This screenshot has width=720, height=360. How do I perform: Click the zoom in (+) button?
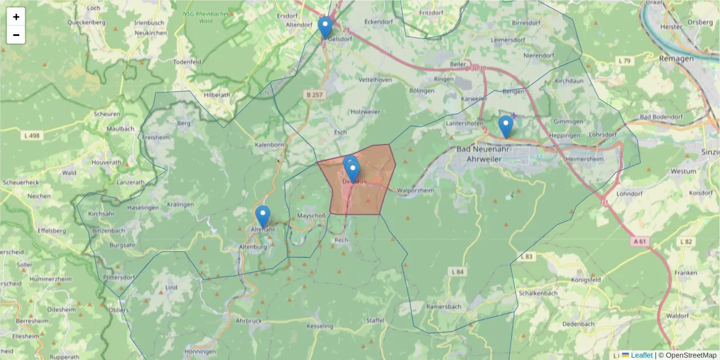tap(16, 17)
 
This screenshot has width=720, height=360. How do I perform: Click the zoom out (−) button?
tap(16, 35)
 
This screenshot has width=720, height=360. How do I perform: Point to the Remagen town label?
tap(676, 59)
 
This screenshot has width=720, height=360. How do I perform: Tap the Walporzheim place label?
tap(415, 190)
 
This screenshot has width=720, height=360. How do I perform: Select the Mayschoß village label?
tap(312, 216)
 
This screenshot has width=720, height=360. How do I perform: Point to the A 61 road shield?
tap(640, 241)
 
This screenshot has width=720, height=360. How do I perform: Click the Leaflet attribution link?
tap(641, 355)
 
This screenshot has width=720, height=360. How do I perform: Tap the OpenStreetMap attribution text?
tap(687, 355)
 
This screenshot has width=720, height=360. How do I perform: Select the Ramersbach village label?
tap(443, 307)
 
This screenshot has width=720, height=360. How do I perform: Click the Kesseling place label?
tap(319, 326)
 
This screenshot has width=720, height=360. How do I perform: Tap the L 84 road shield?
tap(457, 272)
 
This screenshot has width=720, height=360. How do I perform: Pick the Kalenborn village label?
tap(269, 145)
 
